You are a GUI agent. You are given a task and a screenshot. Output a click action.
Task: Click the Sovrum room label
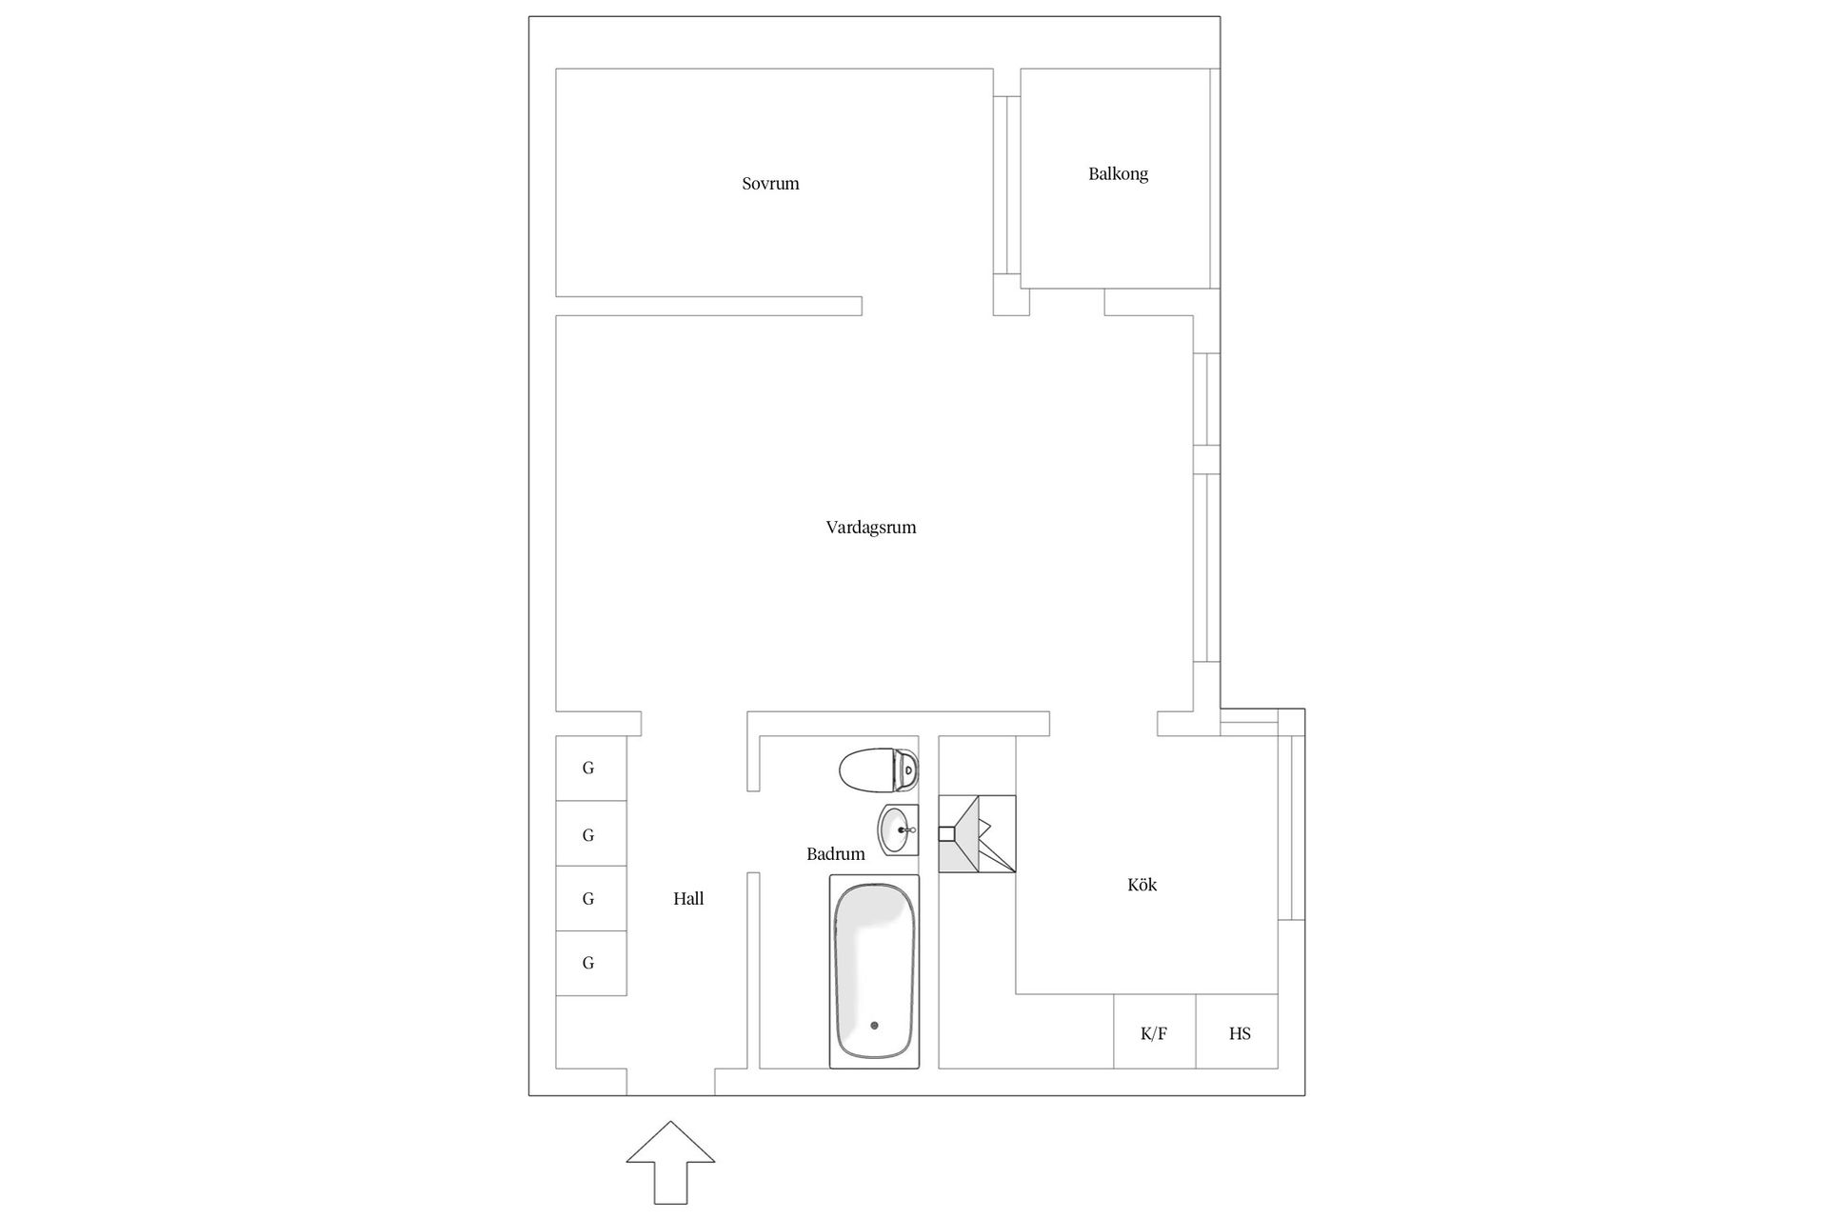coord(770,184)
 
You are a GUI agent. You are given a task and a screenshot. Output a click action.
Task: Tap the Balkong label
coord(1118,174)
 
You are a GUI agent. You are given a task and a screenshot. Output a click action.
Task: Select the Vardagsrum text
coord(870,528)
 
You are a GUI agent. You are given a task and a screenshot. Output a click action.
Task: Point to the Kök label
coord(1142,885)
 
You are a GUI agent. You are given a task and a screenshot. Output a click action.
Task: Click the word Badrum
coord(835,854)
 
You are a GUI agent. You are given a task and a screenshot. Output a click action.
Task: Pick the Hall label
coord(688,898)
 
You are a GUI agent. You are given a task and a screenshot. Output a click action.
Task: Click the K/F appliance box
coord(1154,1031)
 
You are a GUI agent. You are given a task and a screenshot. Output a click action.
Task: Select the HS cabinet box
coord(1238,1031)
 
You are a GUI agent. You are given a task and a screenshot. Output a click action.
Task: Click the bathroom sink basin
coord(898,830)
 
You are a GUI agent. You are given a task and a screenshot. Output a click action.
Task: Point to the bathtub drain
coord(874,1026)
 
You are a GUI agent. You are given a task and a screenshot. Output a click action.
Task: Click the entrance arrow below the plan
coord(670,1162)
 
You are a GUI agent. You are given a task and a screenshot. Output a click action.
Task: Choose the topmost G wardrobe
coord(590,768)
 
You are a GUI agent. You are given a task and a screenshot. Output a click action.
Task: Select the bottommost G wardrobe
coord(590,963)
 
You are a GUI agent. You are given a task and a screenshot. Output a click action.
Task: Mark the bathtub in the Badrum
coord(874,971)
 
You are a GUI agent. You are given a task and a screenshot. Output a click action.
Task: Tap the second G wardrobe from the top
coord(590,833)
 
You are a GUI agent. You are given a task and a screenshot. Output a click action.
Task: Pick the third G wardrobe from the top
coord(590,898)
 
